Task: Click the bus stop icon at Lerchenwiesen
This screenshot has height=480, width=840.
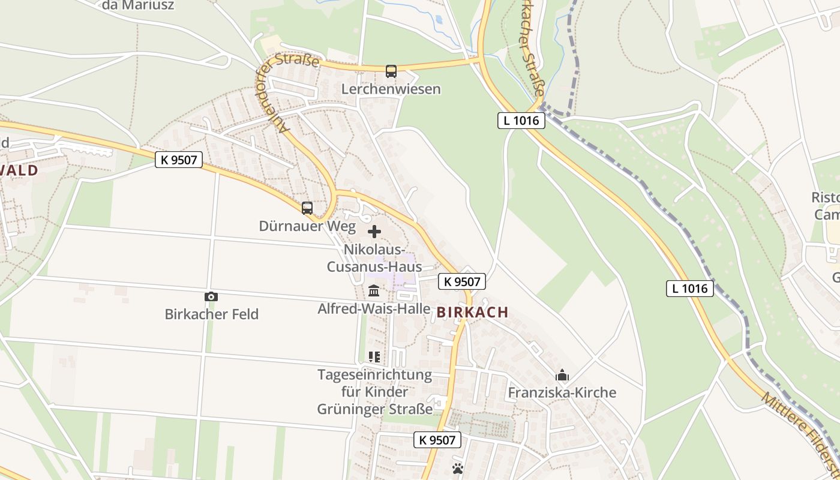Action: tap(391, 71)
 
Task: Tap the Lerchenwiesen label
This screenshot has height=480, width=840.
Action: tap(391, 89)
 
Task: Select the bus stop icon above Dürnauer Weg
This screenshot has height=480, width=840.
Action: tap(307, 208)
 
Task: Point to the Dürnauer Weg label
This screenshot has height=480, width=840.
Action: tap(307, 226)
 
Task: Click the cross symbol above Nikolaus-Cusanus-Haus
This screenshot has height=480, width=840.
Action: tap(374, 232)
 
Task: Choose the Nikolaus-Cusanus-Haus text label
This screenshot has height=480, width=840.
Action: tap(374, 258)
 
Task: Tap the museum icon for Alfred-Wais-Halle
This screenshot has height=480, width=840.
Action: tap(374, 291)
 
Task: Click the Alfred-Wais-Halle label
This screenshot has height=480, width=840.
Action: tap(374, 309)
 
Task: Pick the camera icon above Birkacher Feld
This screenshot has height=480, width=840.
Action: tap(211, 296)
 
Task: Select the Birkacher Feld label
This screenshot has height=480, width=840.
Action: tap(211, 314)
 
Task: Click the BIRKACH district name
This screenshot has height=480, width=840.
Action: tap(473, 312)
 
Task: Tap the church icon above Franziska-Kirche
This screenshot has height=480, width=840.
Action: tap(562, 376)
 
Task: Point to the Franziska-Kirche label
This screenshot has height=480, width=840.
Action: tap(562, 393)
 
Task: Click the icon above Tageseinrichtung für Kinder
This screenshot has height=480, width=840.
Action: tap(374, 357)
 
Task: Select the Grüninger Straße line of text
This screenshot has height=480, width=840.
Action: tap(374, 409)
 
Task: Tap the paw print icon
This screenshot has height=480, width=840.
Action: tap(458, 468)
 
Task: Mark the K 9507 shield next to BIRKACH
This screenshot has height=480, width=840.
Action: tap(461, 281)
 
